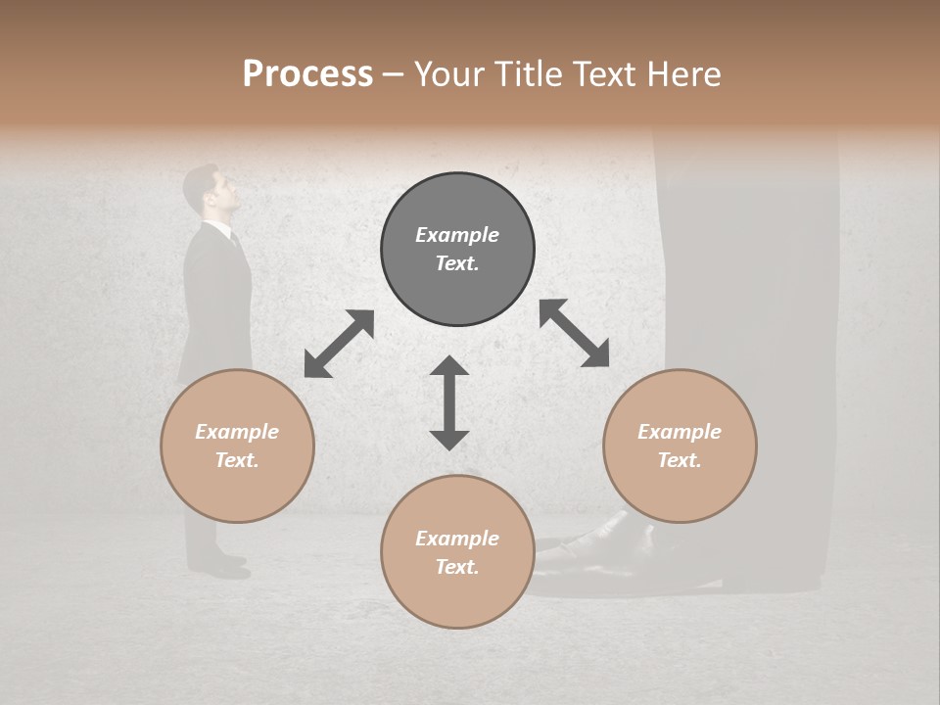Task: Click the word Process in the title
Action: click(307, 74)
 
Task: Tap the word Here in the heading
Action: click(682, 74)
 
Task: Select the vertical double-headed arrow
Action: click(449, 402)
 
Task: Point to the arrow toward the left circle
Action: click(339, 344)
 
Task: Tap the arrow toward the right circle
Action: click(574, 333)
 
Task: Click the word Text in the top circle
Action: click(456, 263)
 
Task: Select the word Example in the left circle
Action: click(237, 432)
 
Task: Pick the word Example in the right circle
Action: click(680, 432)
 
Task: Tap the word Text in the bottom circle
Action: click(456, 567)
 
